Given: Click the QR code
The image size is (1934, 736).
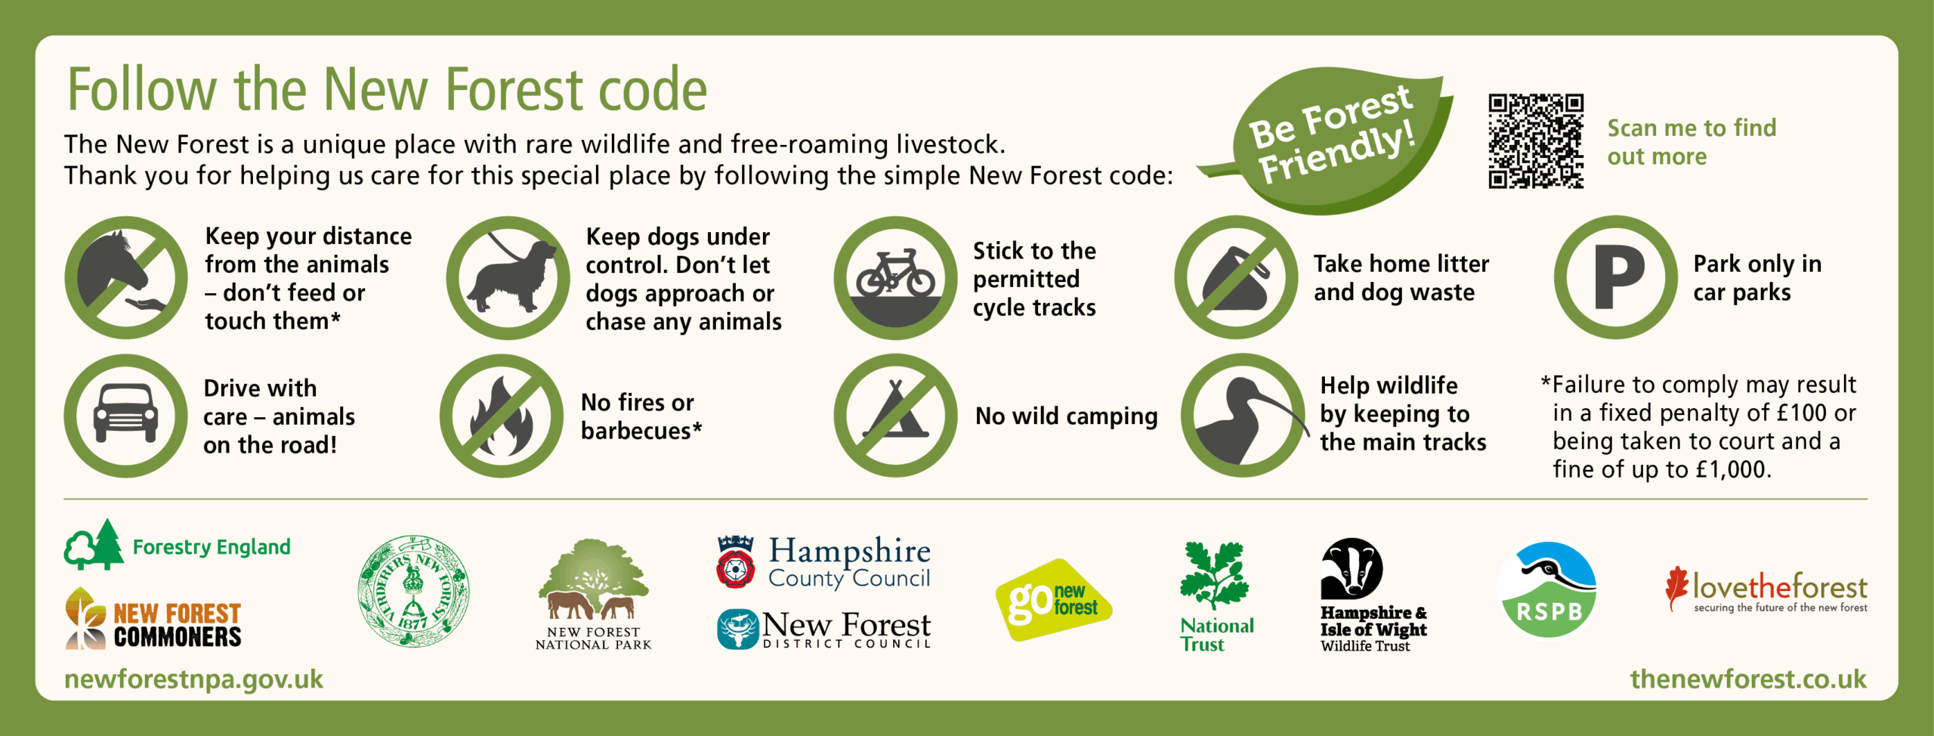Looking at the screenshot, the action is (x=1536, y=141).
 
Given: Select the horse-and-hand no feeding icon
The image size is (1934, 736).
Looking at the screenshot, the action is (x=126, y=277).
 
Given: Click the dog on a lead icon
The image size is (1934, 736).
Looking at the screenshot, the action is (x=508, y=277).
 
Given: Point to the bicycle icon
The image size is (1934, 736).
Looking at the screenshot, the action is (x=895, y=277).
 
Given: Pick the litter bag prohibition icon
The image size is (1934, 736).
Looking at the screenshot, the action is (x=1236, y=277).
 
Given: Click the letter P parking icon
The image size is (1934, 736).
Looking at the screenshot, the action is (x=1616, y=277).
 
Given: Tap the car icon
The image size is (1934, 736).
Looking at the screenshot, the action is (x=126, y=416).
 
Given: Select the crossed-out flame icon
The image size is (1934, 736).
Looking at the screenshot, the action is (x=502, y=416).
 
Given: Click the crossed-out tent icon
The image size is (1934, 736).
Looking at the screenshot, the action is (x=895, y=416).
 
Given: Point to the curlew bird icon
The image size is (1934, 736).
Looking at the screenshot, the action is (x=1244, y=416).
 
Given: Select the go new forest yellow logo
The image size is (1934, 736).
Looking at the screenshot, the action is (x=1053, y=600).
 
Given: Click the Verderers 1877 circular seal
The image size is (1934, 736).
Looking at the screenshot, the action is (x=413, y=591).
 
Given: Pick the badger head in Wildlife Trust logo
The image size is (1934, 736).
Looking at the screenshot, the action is (x=1352, y=568).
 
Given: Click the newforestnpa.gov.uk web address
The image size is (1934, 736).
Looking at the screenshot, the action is (x=193, y=679).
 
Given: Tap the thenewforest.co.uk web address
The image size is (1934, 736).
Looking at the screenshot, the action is (x=1748, y=679).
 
